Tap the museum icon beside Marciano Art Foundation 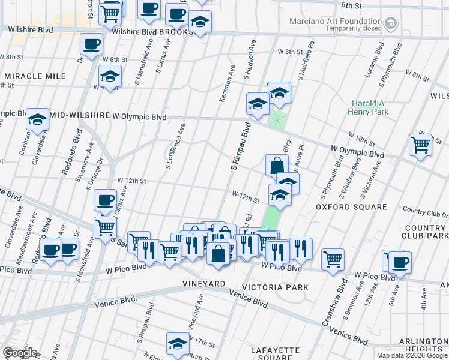391,23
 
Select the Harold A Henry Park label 367,107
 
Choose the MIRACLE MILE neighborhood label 34,76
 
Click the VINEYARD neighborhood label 200,283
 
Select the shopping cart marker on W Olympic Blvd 420,145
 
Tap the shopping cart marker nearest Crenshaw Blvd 333,259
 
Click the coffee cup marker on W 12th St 105,199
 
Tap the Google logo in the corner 20,353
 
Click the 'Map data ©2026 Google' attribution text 411,355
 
